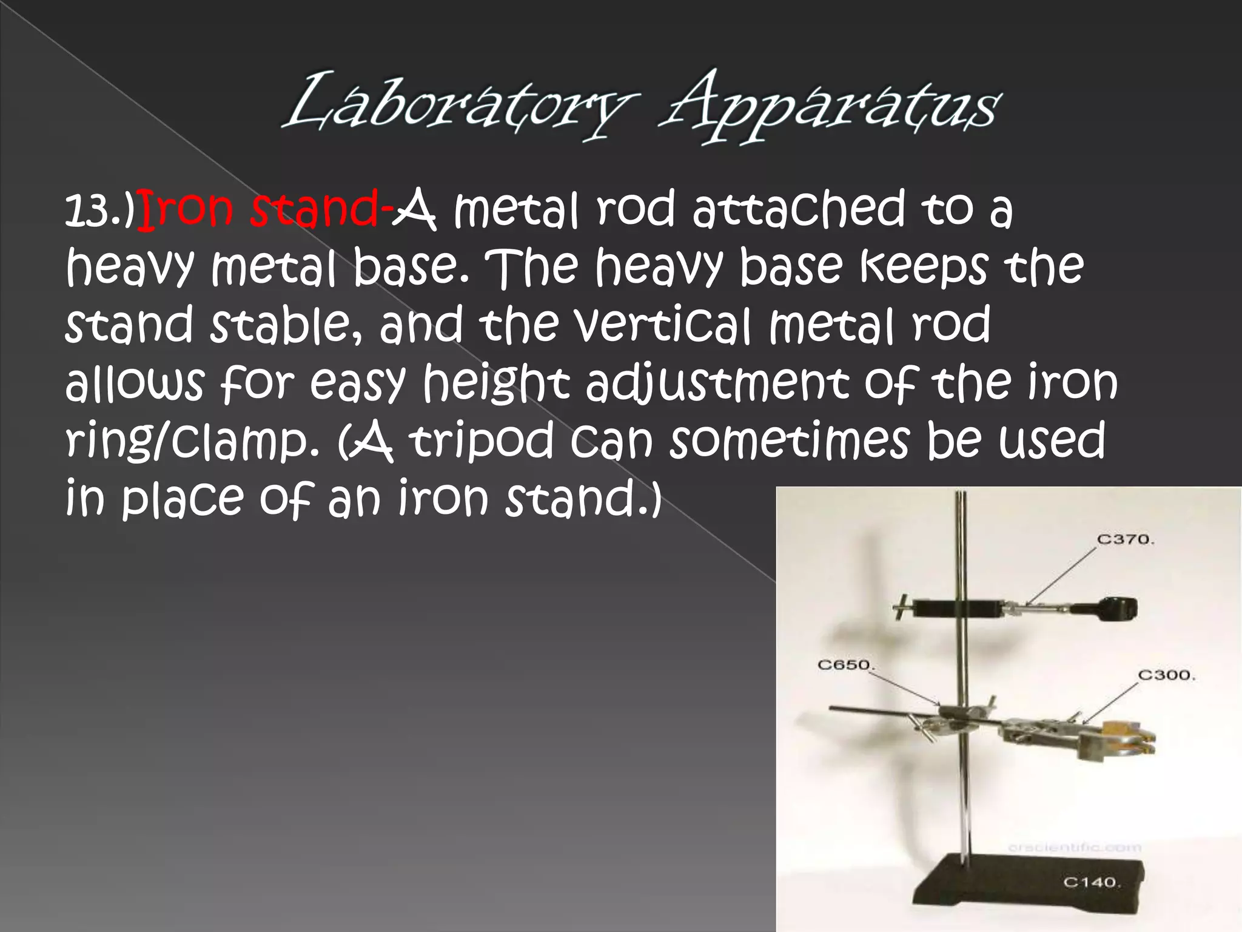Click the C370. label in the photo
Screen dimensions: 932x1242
(1126, 539)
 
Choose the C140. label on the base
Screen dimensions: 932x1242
(1092, 882)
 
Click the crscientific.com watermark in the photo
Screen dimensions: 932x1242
(1074, 848)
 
